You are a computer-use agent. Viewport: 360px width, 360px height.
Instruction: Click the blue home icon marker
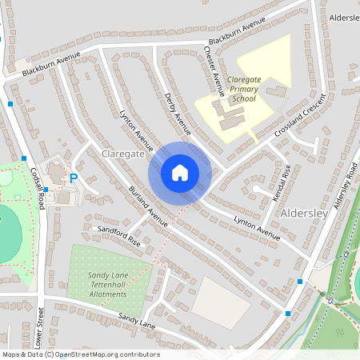pos(180,172)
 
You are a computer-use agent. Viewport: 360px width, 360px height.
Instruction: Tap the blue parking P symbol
pos(74,179)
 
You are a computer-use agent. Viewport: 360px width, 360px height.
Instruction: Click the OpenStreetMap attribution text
pos(81,354)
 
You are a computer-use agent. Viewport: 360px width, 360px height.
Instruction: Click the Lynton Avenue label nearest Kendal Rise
pos(257,227)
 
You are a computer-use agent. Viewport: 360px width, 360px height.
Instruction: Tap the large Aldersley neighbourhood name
pos(305,214)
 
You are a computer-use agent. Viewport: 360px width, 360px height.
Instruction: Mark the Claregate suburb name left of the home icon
pos(122,153)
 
